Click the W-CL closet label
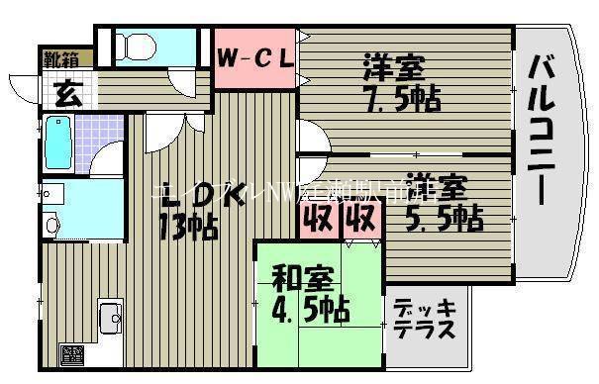click(x=255, y=57)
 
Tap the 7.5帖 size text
click(x=401, y=100)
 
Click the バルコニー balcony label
click(x=543, y=129)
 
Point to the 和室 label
click(x=296, y=276)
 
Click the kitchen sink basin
click(x=109, y=318)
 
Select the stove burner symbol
click(x=72, y=353)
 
